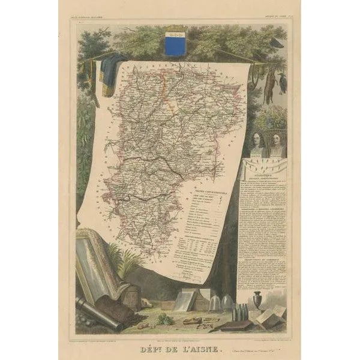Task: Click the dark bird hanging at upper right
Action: coord(281,81)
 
